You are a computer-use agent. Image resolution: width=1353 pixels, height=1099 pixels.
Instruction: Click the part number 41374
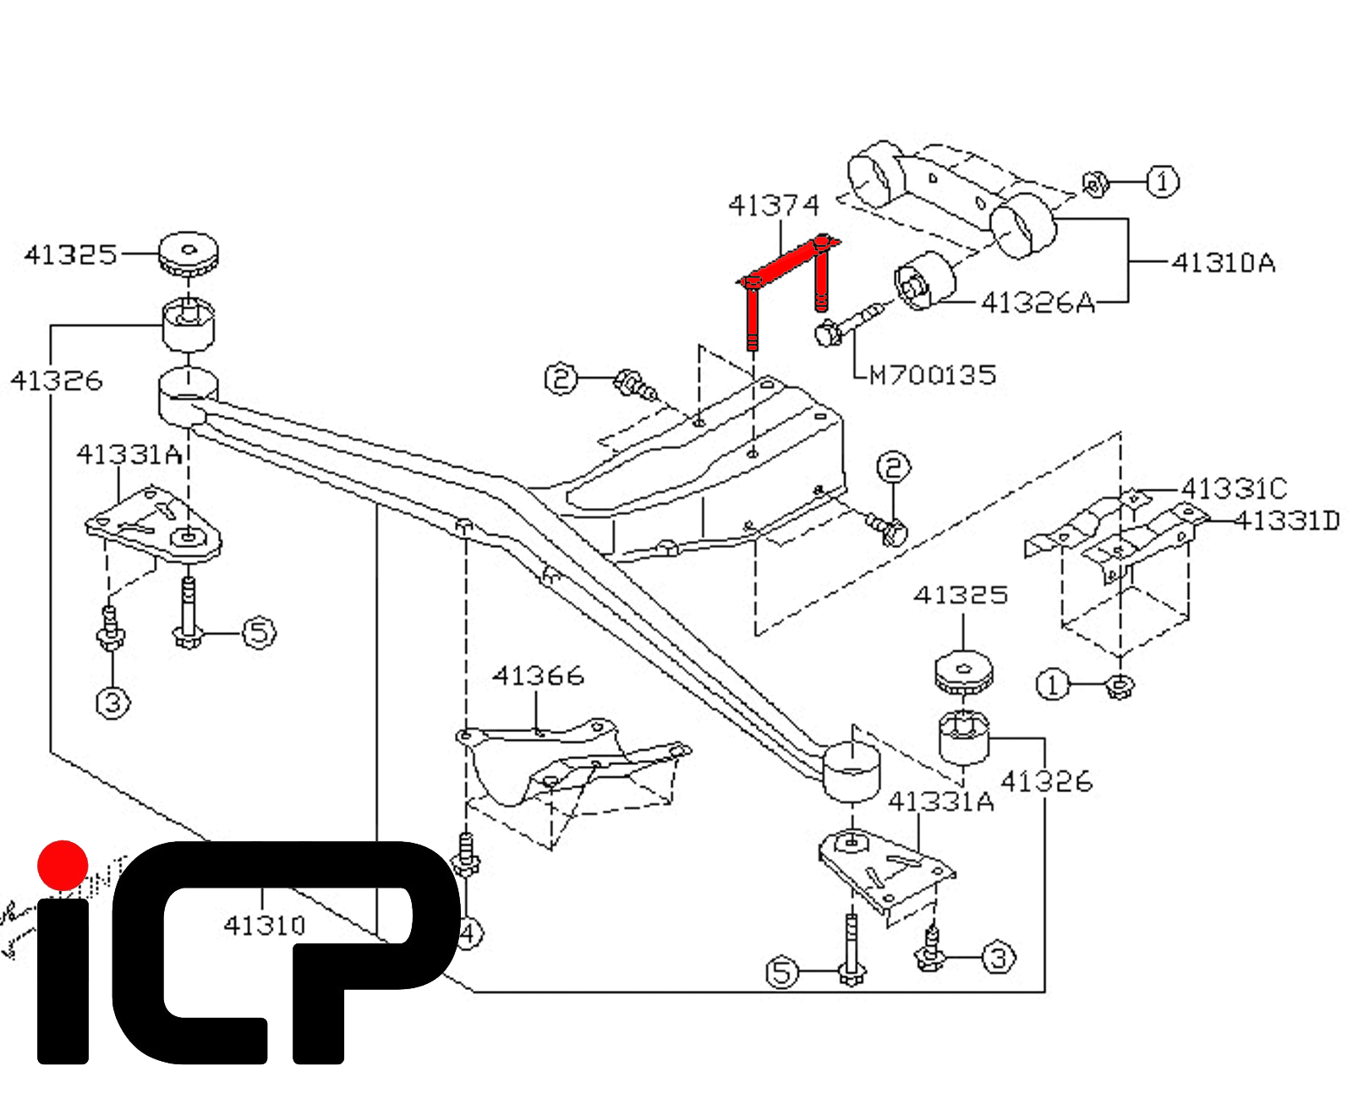click(774, 205)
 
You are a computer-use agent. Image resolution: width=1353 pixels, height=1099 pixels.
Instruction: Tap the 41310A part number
click(1223, 263)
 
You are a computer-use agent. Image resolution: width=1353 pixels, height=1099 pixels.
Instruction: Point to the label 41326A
click(1037, 302)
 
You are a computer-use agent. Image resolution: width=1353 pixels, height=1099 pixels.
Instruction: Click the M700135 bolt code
click(933, 375)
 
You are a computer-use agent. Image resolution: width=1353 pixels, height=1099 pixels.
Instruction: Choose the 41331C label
click(1234, 489)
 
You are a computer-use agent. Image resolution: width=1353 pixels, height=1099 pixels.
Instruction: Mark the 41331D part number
click(1287, 521)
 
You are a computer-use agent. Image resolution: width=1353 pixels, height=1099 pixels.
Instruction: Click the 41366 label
click(539, 675)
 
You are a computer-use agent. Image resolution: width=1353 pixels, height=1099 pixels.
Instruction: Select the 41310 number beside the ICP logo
click(264, 925)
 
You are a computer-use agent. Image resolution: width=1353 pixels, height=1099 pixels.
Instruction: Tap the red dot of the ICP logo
click(63, 865)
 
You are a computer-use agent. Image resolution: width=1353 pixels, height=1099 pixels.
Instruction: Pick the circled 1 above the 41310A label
click(1162, 182)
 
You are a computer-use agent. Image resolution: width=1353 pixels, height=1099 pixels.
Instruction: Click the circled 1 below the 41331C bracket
click(1053, 684)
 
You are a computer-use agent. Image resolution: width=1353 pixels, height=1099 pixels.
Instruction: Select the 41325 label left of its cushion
click(70, 254)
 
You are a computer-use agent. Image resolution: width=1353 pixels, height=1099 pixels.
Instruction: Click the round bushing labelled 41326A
click(923, 282)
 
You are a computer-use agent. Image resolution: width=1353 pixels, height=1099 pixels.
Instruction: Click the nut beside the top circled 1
click(1096, 183)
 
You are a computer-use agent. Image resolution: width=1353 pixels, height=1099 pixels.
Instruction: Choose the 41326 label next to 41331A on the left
click(57, 380)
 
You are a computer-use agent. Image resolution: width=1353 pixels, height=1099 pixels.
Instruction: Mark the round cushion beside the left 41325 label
click(189, 253)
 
